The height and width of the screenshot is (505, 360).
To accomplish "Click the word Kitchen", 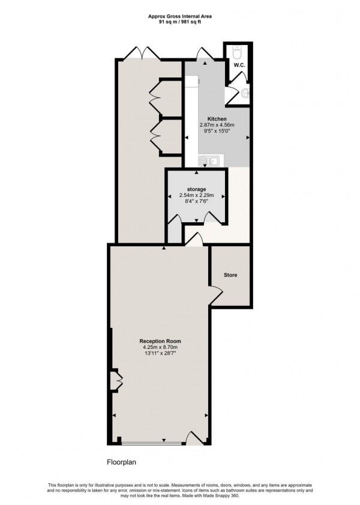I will [x=217, y=119].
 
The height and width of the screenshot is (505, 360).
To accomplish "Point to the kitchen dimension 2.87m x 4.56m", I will [x=217, y=125].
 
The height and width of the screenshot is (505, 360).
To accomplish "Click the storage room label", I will [x=197, y=189].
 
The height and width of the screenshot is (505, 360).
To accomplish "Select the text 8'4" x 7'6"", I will [x=197, y=201].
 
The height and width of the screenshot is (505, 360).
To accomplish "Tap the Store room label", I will [x=230, y=275].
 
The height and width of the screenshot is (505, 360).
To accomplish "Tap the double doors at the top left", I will [x=145, y=53].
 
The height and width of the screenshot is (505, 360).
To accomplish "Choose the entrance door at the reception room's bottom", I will [x=196, y=439].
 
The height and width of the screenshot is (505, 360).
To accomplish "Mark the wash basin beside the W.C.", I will [x=246, y=92].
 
